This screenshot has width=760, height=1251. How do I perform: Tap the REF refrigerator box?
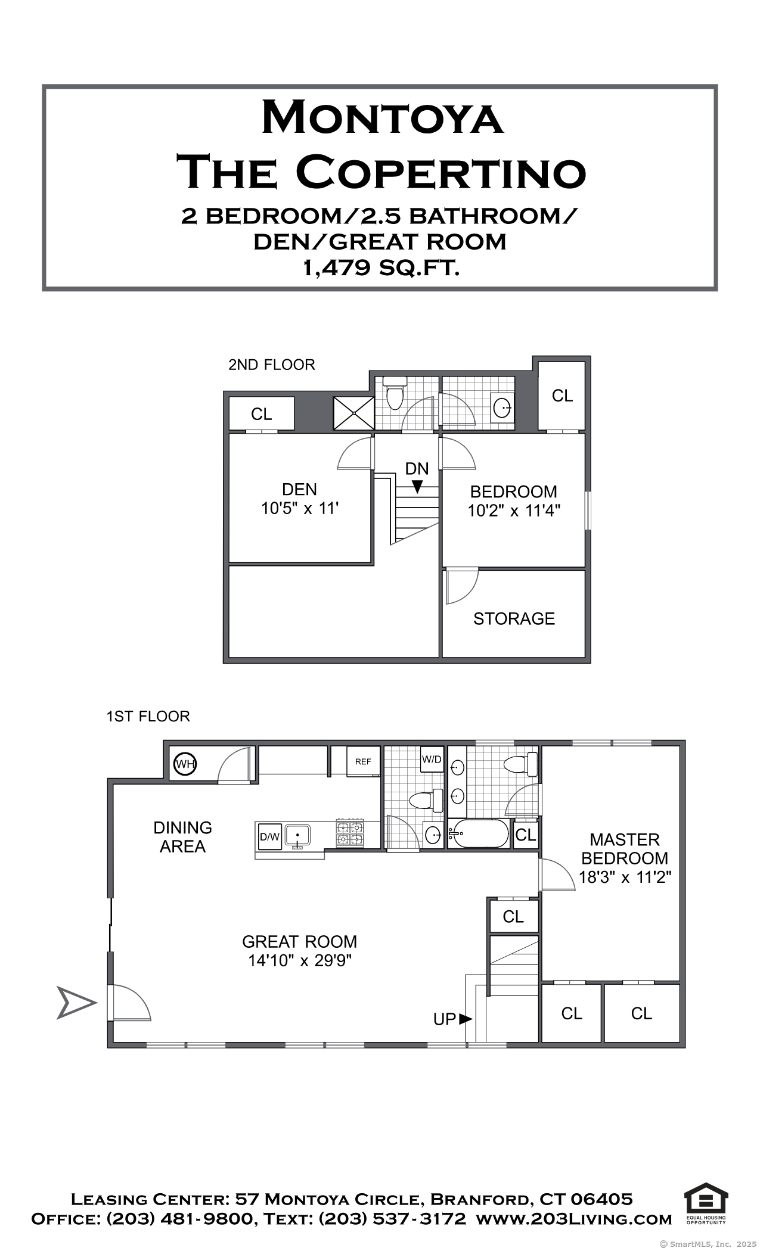click(364, 761)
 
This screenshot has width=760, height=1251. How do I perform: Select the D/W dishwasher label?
click(269, 836)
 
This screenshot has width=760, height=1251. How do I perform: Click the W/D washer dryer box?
click(432, 759)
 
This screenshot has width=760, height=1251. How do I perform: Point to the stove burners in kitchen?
click(350, 833)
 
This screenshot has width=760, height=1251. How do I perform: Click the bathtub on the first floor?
click(479, 833)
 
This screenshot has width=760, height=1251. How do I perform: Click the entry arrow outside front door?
click(76, 1003)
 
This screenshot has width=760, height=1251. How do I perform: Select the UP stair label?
click(445, 1019)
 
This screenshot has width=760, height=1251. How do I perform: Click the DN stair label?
click(417, 469)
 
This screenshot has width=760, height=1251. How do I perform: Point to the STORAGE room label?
click(514, 618)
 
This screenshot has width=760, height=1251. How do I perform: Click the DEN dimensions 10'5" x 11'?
click(300, 508)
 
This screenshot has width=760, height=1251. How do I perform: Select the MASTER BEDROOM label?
click(625, 849)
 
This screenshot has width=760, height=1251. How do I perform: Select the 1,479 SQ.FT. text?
click(381, 268)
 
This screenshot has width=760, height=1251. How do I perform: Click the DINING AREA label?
click(182, 837)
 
